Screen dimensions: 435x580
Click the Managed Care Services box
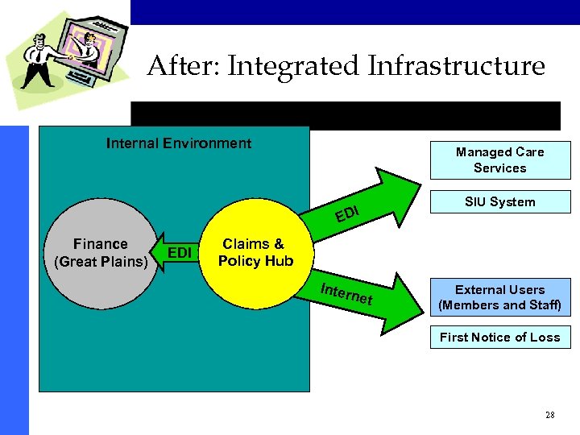click(x=499, y=159)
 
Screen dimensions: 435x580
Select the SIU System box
click(x=499, y=202)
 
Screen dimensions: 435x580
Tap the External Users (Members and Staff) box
click(x=499, y=297)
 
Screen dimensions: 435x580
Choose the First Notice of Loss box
click(x=499, y=338)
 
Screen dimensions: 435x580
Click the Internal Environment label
click(x=179, y=143)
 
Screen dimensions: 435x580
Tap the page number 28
click(x=549, y=415)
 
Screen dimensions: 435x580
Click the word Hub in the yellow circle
click(x=279, y=261)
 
